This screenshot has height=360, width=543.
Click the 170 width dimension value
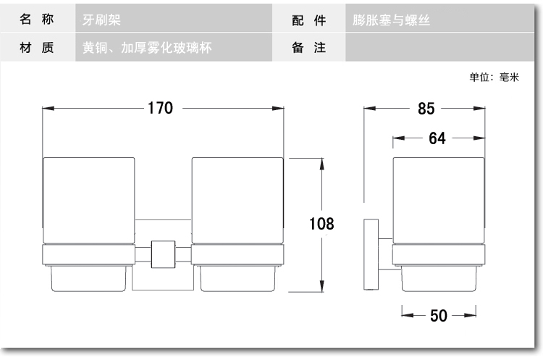(160, 108)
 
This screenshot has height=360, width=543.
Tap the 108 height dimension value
(321, 224)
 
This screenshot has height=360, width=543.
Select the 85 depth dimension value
(426, 109)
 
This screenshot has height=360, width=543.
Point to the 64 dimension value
(437, 138)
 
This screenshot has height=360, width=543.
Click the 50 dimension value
(439, 316)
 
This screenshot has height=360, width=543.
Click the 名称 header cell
(37, 19)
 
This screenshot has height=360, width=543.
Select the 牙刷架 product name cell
(174, 19)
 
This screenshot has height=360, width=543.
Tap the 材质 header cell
(37, 48)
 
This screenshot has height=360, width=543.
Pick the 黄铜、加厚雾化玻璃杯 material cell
(174, 48)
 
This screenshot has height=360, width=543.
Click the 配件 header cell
(308, 19)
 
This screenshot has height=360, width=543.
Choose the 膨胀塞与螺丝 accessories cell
(439, 19)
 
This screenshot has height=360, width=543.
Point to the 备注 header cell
(308, 48)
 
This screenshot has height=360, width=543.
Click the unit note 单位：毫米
(494, 77)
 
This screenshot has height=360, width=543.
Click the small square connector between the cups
(163, 254)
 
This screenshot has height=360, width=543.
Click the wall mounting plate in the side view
(371, 254)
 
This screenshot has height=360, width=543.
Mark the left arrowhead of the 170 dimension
(48, 108)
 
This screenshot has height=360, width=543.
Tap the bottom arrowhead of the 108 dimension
(322, 286)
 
